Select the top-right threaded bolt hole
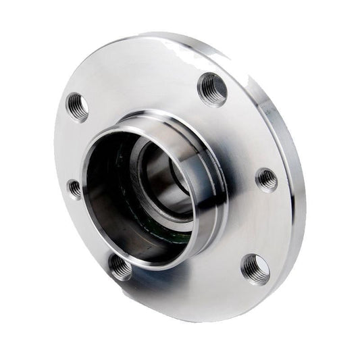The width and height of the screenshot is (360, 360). click(x=211, y=88)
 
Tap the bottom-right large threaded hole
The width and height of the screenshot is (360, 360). click(x=255, y=268)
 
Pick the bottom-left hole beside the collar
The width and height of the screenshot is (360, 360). click(x=121, y=267)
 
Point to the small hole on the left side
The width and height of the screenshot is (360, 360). click(x=74, y=188)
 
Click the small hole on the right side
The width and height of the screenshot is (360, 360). click(x=266, y=180)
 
